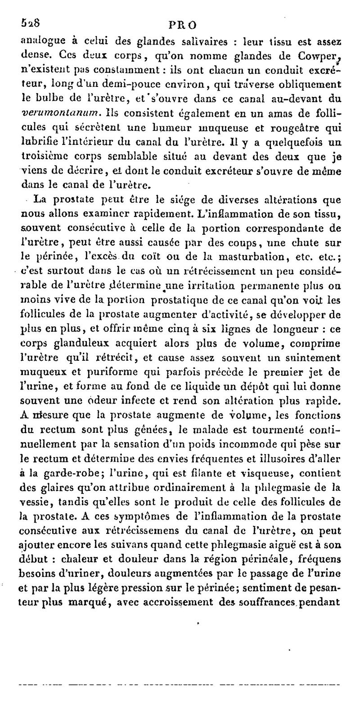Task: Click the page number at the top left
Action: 31,23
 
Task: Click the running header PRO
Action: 182,24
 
